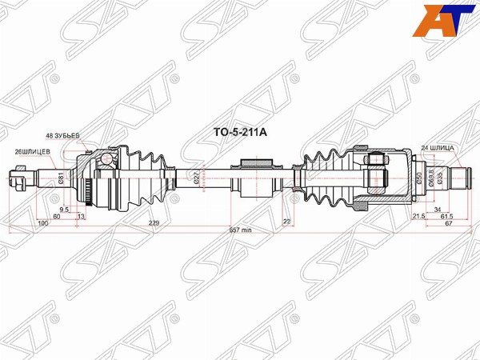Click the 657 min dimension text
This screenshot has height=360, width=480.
tap(241, 230)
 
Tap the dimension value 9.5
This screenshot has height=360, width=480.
tap(63, 209)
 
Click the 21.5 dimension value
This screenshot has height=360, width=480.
tap(418, 216)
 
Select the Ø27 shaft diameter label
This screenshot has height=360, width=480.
tap(196, 178)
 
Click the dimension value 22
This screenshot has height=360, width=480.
tap(287, 222)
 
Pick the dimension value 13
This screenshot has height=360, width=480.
tap(82, 216)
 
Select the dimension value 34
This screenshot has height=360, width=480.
tap(437, 209)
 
